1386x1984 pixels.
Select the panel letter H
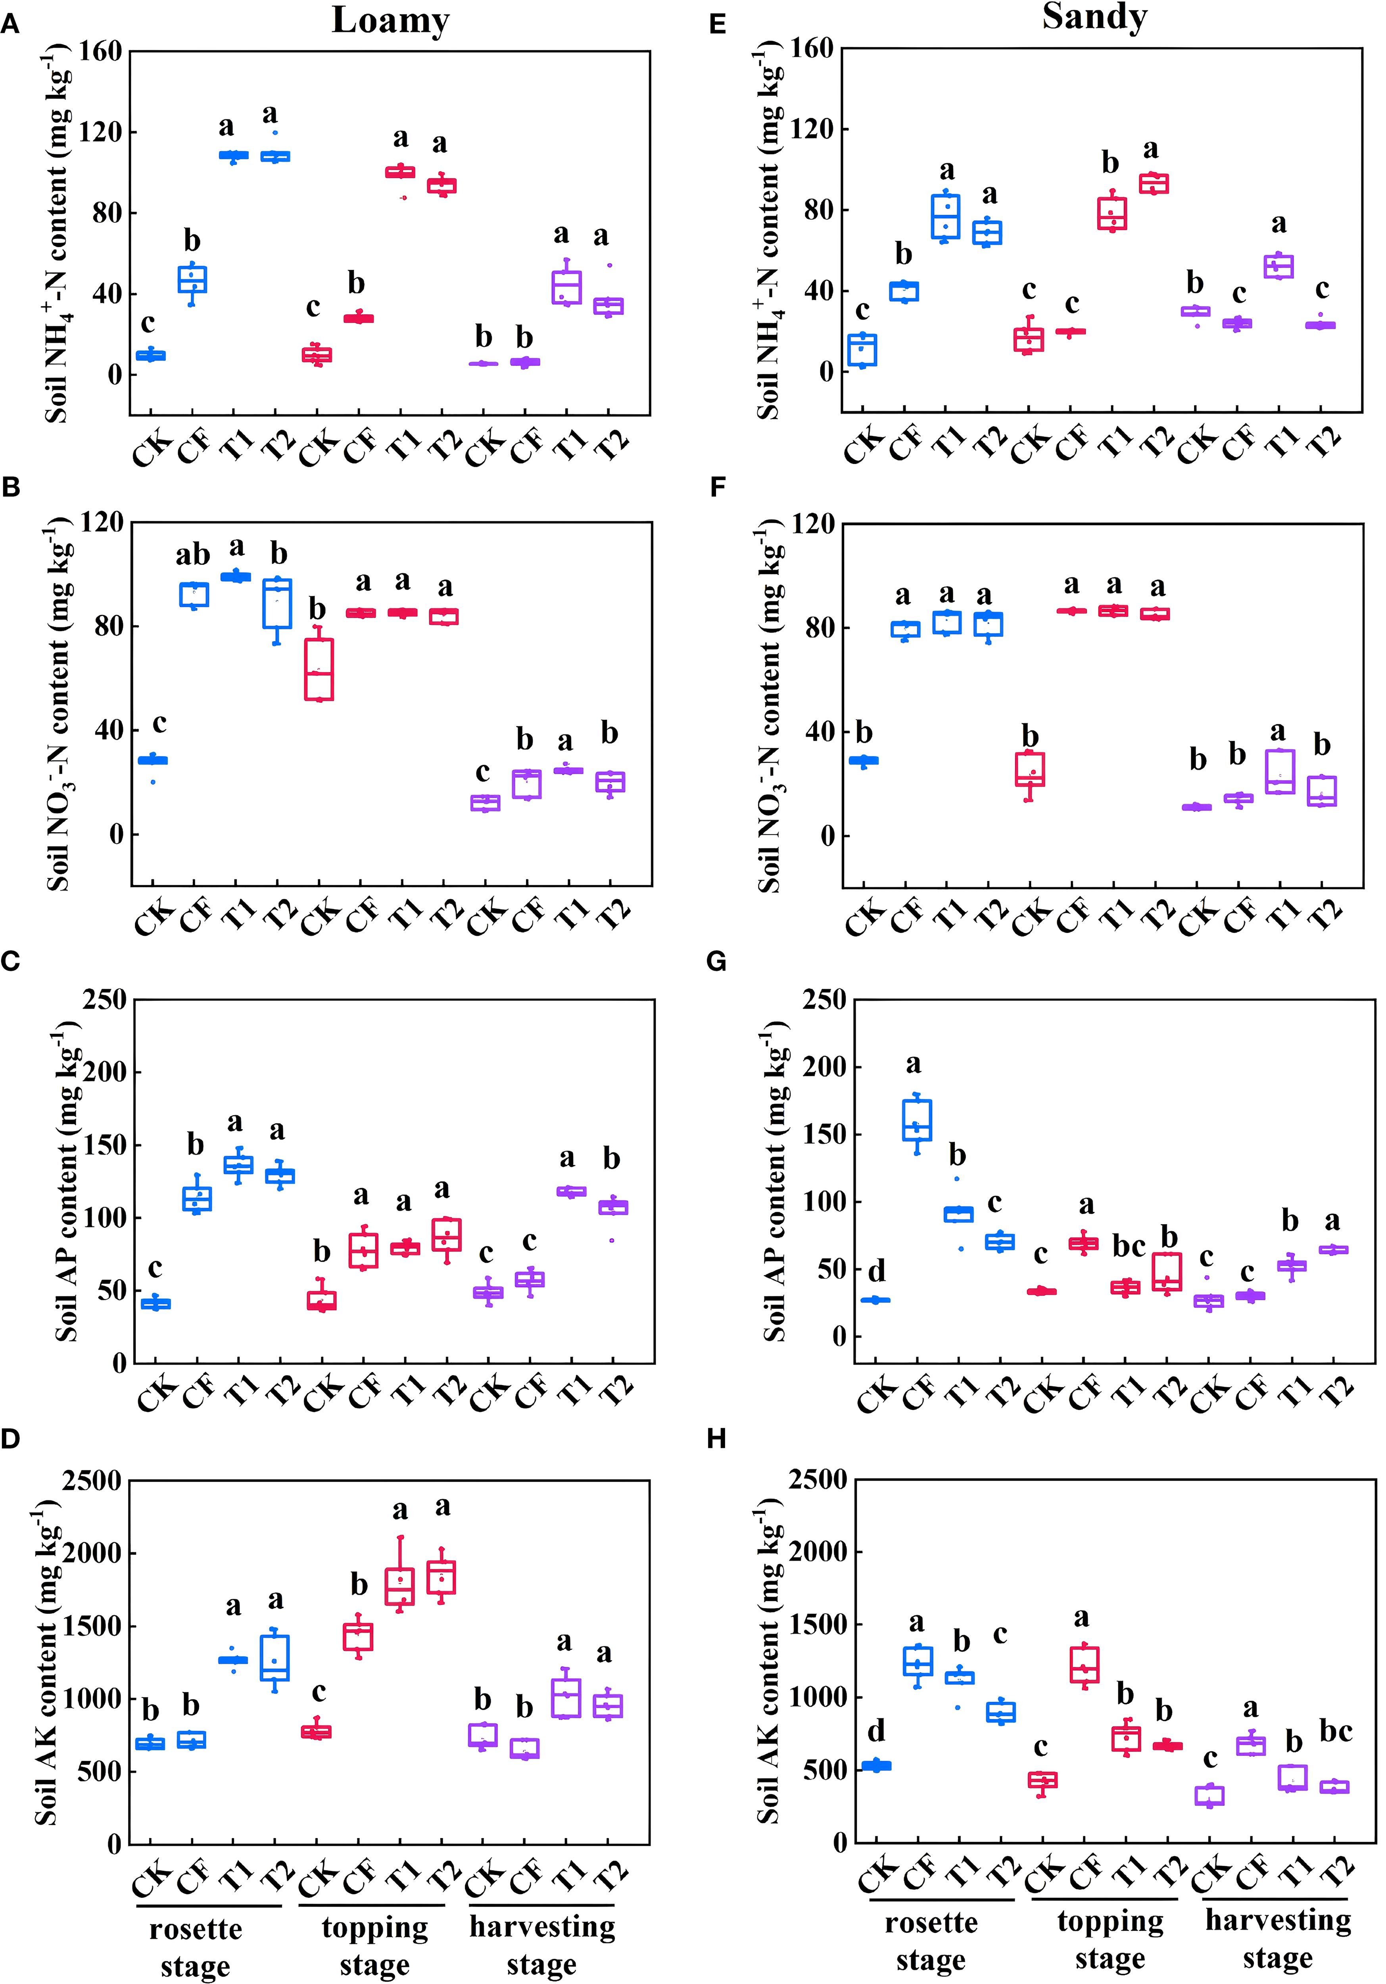pyautogui.click(x=716, y=1439)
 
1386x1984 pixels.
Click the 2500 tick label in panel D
pyautogui.click(x=91, y=1481)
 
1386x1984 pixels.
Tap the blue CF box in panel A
pyautogui.click(x=192, y=280)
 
